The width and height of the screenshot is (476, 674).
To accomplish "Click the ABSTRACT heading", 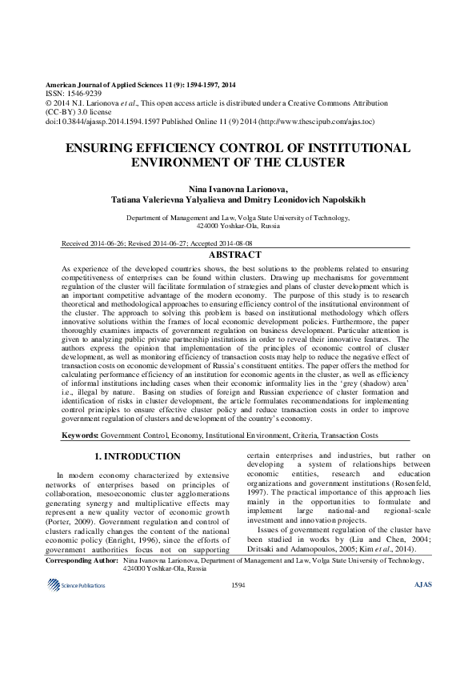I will click(x=238, y=255).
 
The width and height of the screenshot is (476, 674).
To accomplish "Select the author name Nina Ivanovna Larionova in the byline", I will click(x=236, y=187).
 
